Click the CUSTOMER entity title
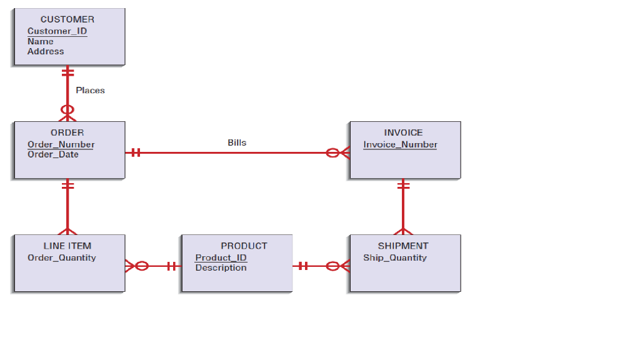(x=67, y=19)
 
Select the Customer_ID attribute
(x=57, y=31)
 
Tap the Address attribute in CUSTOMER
(x=46, y=51)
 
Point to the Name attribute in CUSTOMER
(x=41, y=41)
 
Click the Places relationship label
(x=90, y=90)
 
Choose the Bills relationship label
(x=237, y=142)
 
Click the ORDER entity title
(x=67, y=132)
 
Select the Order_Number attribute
(x=61, y=144)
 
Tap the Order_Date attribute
(x=53, y=154)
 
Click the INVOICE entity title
(x=403, y=132)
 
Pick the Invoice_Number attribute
(x=400, y=144)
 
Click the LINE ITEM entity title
(x=67, y=246)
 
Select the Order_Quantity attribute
(x=62, y=257)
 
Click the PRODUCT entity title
(x=244, y=246)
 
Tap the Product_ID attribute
(x=221, y=257)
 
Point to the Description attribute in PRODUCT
(x=221, y=267)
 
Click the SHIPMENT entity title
(x=403, y=246)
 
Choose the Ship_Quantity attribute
(x=395, y=257)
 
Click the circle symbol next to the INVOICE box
(x=332, y=152)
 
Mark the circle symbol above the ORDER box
(x=67, y=110)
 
